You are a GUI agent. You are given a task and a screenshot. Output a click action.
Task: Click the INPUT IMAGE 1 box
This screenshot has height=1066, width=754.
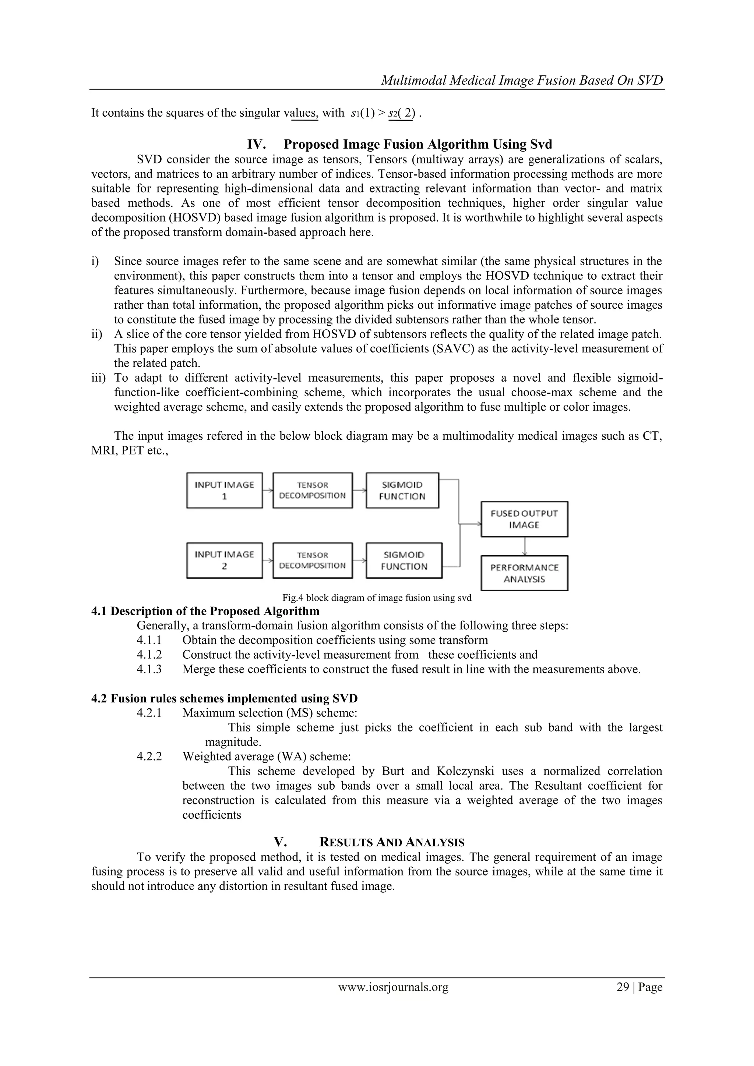224,490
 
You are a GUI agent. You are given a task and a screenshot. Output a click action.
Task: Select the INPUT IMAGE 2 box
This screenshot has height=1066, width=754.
224,560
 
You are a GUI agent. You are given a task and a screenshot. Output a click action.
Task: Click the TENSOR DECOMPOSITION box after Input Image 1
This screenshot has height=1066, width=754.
312,490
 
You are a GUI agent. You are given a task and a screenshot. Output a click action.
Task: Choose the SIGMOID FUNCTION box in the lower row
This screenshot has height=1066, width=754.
404,560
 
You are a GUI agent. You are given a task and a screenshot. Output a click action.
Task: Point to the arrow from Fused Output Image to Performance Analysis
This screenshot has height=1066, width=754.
525,546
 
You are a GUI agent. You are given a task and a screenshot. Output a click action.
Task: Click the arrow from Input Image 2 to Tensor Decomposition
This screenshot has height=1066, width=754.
268,560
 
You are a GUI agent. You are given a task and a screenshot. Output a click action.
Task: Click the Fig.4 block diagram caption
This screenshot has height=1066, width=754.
377,598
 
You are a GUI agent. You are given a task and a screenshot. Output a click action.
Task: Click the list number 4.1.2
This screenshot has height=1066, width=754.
149,655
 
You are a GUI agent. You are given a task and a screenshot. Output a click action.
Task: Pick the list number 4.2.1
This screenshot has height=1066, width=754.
149,713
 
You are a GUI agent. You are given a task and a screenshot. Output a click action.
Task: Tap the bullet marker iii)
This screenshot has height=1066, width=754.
99,378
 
